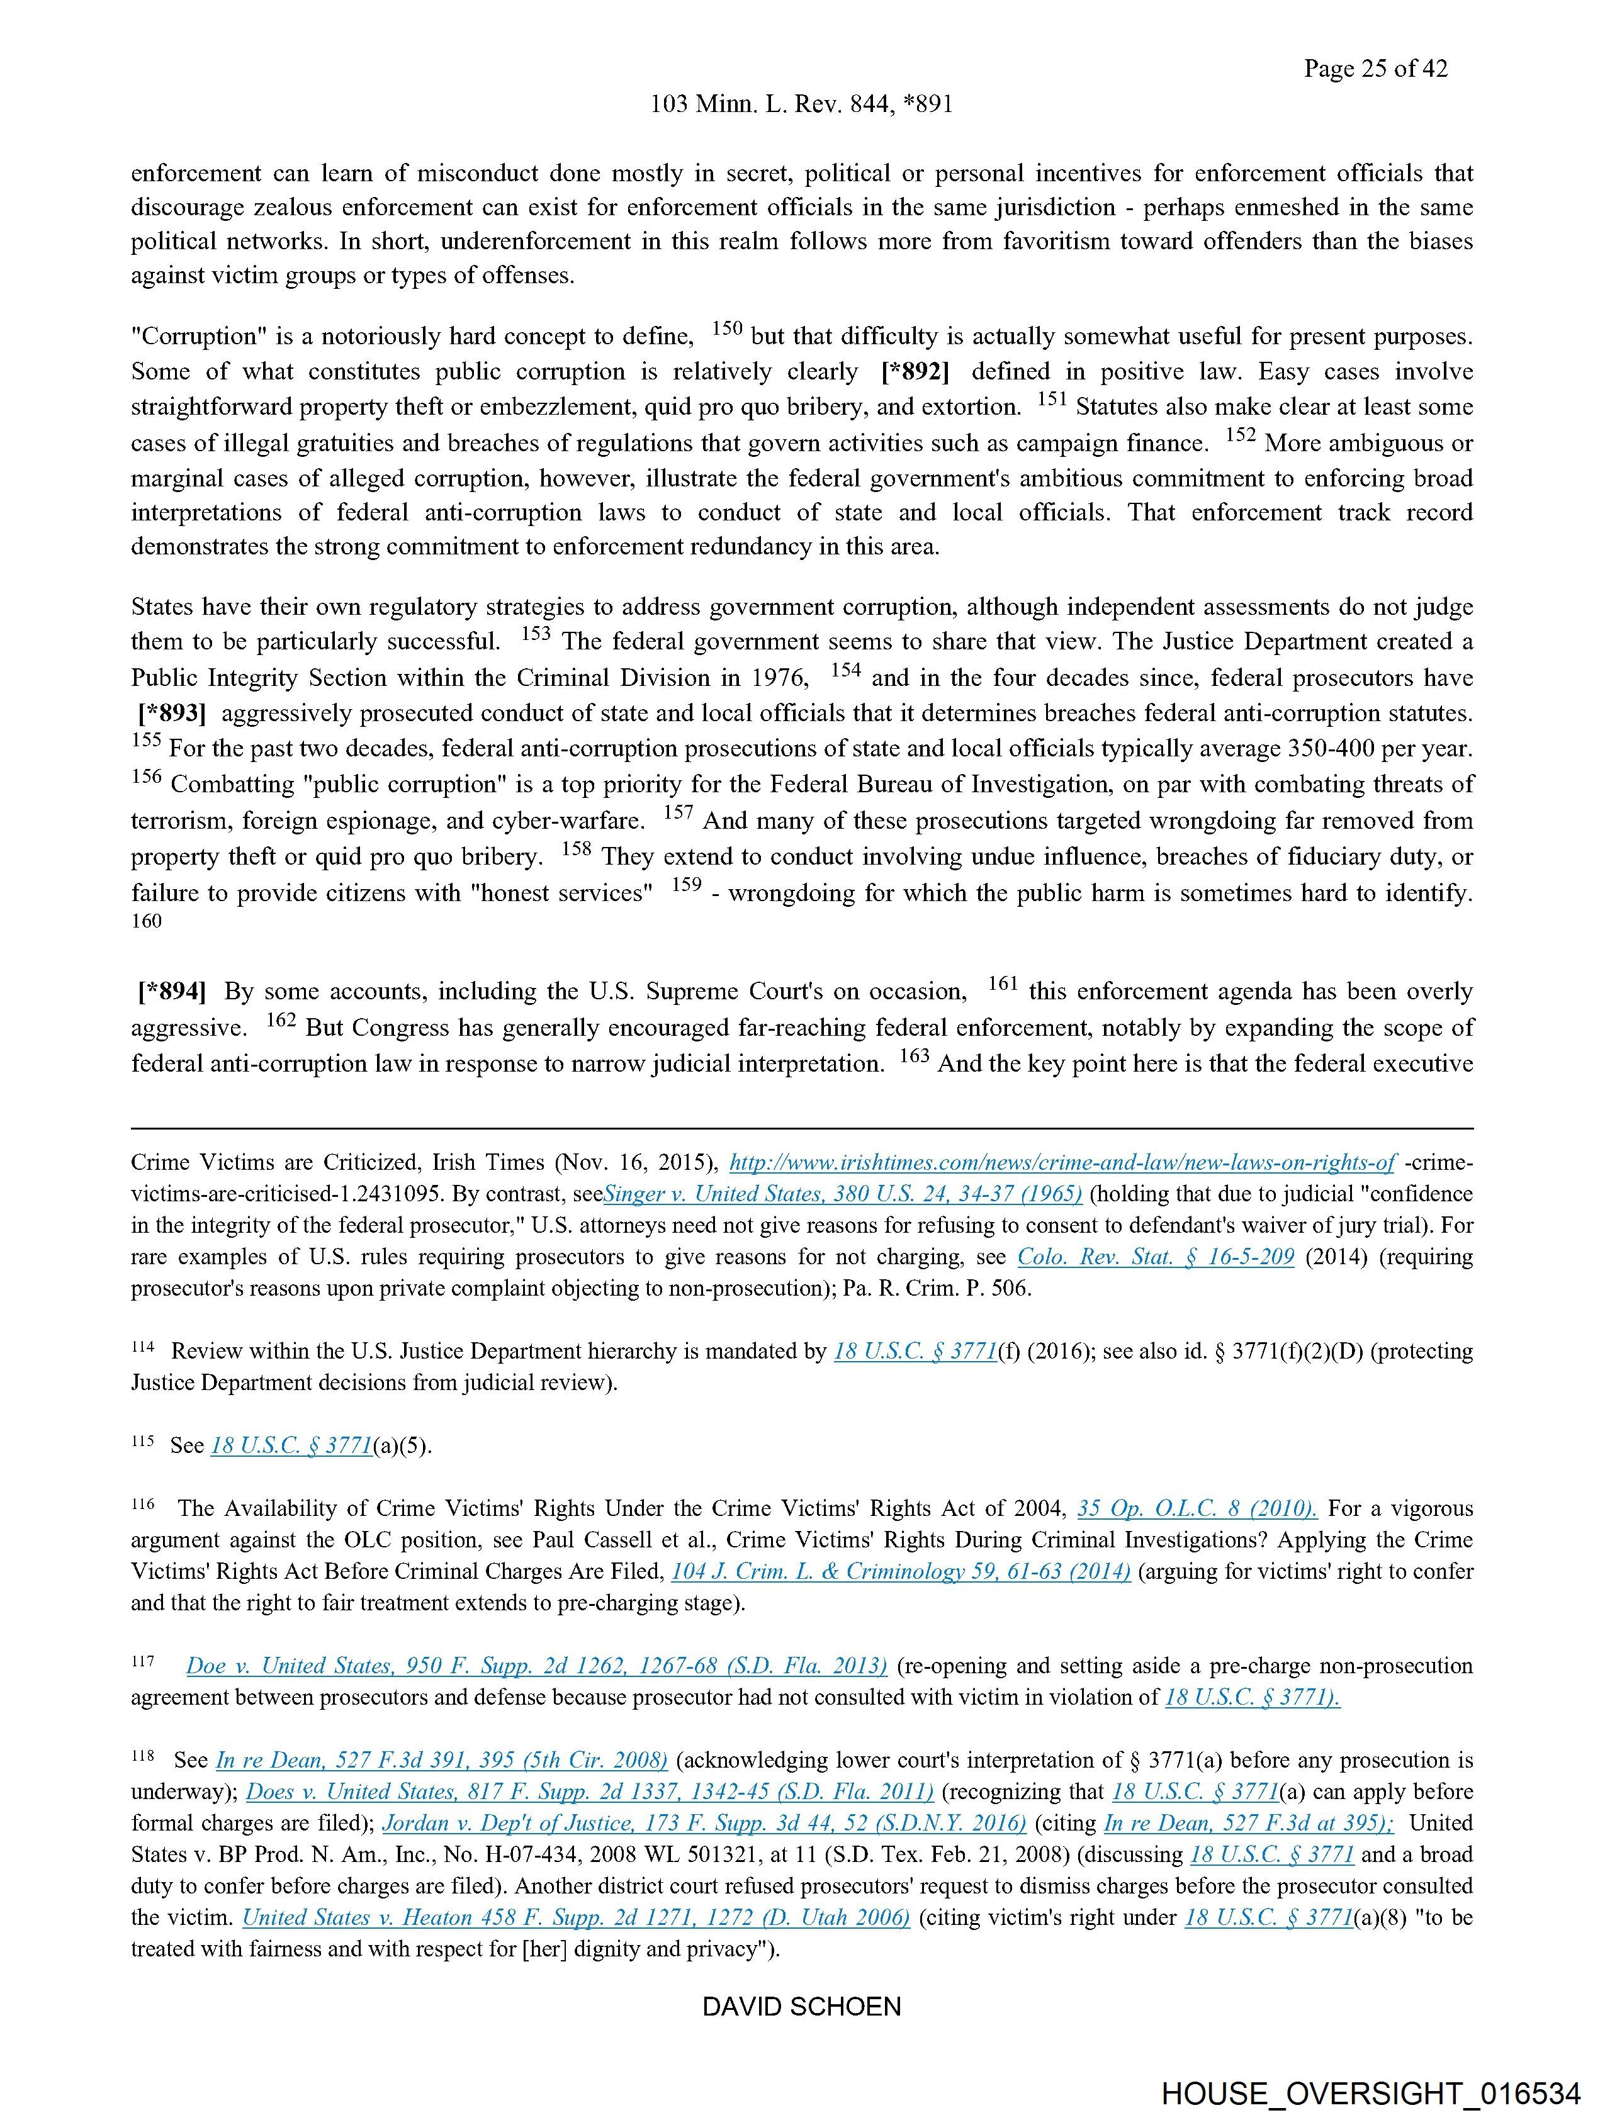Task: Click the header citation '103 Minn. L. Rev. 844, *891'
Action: pos(801,104)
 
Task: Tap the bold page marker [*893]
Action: pos(172,714)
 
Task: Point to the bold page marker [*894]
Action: pos(172,991)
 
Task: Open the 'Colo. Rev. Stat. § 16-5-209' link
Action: pos(1156,1257)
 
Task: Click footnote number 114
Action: pos(143,1347)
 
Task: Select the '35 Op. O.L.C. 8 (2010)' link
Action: pos(1197,1508)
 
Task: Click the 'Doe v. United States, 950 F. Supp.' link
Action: pos(536,1666)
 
